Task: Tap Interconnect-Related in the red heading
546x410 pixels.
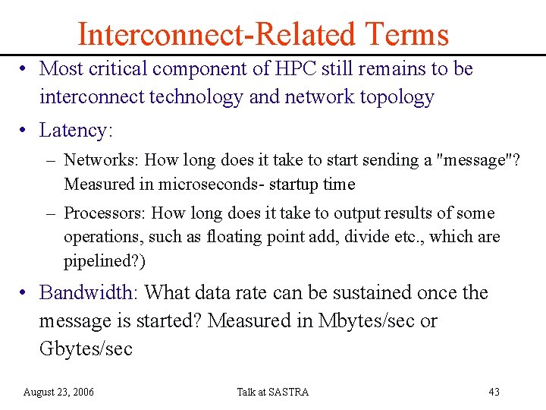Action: (216, 34)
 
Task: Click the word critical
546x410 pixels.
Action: (118, 68)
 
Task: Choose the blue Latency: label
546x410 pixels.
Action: (76, 131)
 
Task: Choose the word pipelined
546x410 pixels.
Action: (96, 260)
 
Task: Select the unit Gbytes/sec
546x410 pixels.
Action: (86, 349)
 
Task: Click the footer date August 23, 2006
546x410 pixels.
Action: (58, 392)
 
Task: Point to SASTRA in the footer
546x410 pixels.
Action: (288, 392)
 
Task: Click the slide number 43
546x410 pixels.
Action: (494, 392)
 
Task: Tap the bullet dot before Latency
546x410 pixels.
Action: (25, 131)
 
